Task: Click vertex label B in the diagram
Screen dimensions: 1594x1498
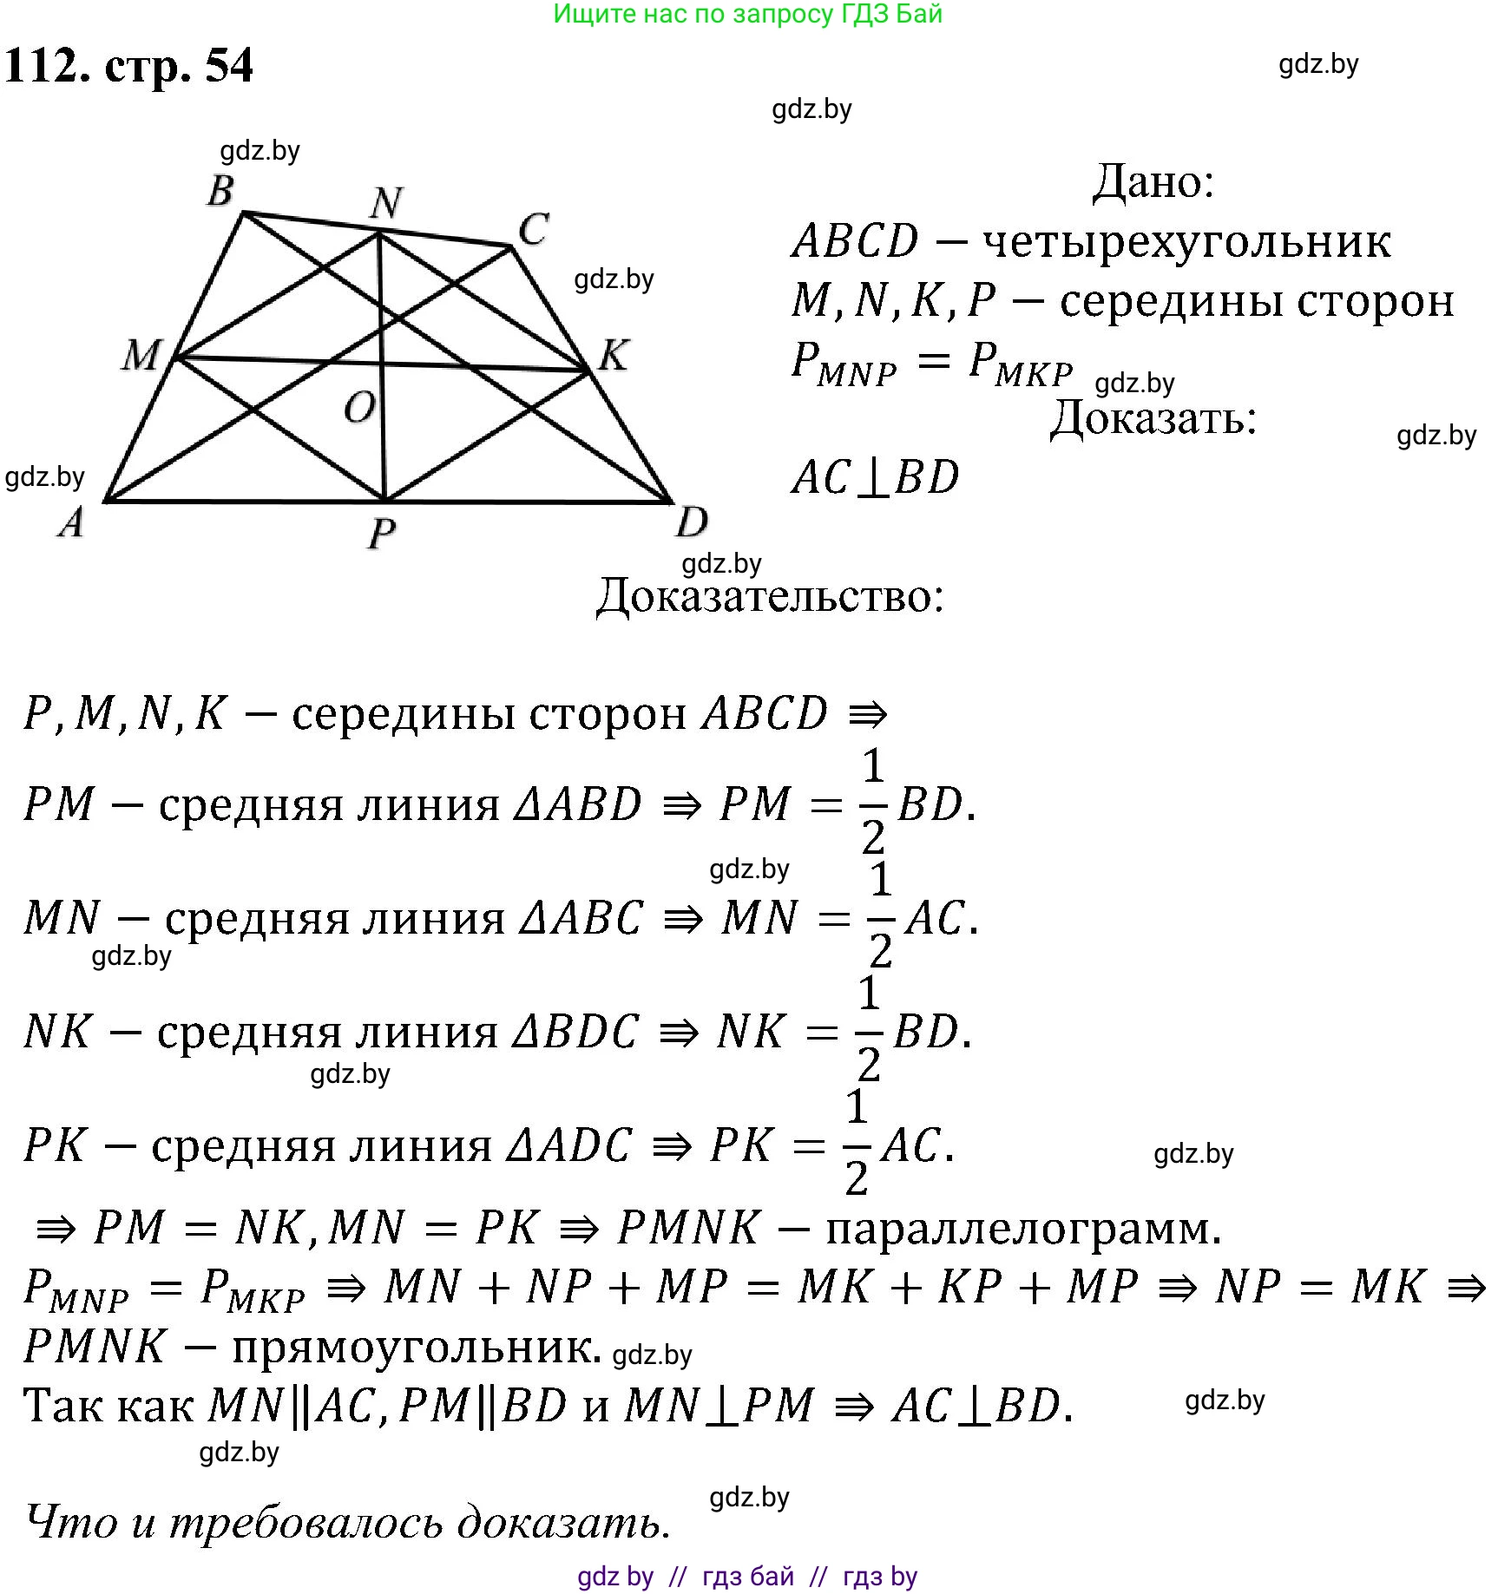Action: point(221,191)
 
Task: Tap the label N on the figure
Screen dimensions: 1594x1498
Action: point(386,203)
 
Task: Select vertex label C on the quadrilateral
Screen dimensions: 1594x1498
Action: point(533,230)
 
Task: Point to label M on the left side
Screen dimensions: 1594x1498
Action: point(141,355)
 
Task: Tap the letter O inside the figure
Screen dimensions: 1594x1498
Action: point(359,407)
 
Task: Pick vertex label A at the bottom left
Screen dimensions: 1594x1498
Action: point(71,522)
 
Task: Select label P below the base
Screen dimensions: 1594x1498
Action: point(382,532)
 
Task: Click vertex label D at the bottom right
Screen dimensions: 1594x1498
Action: point(692,522)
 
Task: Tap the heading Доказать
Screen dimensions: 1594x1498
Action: point(1153,419)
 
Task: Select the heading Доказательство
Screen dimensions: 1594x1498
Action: point(770,597)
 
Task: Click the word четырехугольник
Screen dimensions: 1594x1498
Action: point(1186,242)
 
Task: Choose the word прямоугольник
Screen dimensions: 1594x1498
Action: point(417,1347)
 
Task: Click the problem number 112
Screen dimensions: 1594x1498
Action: point(47,66)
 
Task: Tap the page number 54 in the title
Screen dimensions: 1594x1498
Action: point(229,66)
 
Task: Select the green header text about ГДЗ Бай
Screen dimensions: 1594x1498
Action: point(747,14)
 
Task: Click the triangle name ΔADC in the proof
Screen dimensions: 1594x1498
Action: point(569,1145)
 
